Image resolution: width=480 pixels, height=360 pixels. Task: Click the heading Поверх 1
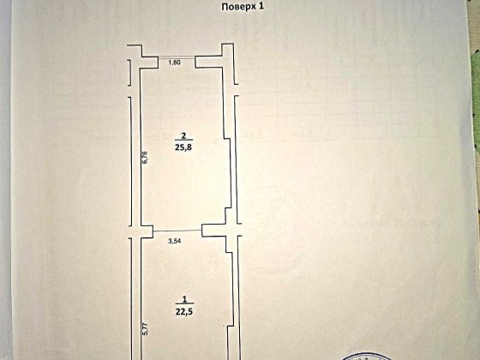point(242,7)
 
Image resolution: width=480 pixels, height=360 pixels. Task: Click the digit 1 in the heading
point(261,7)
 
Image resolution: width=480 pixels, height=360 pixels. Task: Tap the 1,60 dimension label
point(175,63)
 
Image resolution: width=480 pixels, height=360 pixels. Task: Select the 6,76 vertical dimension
point(146,158)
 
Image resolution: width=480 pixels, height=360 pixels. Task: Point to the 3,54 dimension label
point(175,241)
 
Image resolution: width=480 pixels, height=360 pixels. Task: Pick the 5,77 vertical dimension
point(146,329)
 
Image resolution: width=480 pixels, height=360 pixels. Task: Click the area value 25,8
point(183,147)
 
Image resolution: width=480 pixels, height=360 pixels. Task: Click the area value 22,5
point(184,312)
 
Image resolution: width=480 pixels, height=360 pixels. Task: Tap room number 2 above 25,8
point(183,135)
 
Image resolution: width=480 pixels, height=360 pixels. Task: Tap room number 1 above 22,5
point(184,299)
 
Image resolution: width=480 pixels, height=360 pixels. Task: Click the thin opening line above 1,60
point(177,57)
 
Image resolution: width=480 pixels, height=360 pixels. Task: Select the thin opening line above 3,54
point(177,231)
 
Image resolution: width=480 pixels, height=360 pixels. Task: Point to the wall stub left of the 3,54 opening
point(147,231)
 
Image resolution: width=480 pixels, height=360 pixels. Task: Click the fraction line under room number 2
point(183,141)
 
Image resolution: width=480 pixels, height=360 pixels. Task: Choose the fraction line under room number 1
point(184,305)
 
